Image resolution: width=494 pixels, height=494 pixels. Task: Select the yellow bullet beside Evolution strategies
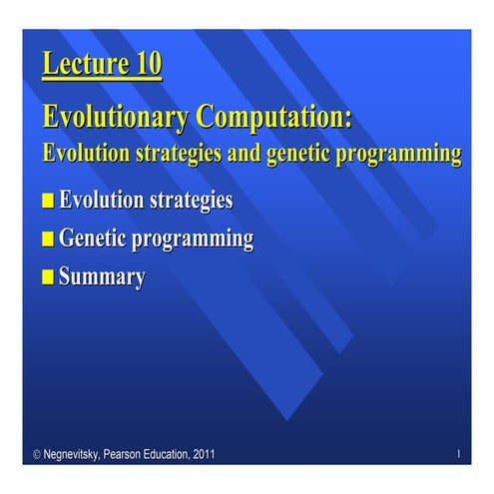click(x=48, y=202)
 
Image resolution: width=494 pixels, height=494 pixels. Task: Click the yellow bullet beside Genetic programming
click(x=48, y=240)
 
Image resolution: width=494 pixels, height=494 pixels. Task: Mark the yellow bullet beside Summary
click(x=48, y=277)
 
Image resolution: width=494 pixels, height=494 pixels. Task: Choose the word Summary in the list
click(x=102, y=276)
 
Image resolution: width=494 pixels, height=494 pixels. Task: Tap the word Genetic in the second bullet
click(x=96, y=239)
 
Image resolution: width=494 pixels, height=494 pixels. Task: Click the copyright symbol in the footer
click(x=37, y=455)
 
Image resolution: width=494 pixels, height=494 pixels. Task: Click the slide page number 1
click(x=457, y=455)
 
